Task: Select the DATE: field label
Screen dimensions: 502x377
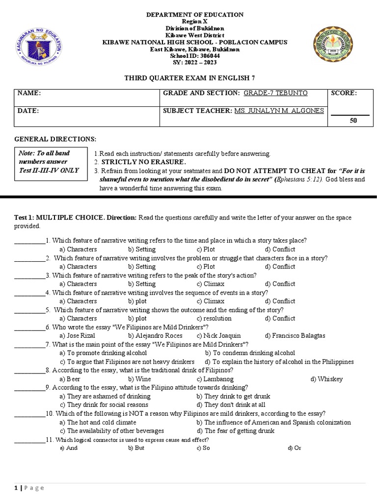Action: coord(28,111)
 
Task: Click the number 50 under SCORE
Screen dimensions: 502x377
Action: coord(353,120)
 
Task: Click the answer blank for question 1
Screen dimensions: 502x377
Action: coord(29,241)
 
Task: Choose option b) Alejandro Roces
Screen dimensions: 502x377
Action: coord(155,336)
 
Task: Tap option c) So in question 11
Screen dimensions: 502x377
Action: coord(203,448)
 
